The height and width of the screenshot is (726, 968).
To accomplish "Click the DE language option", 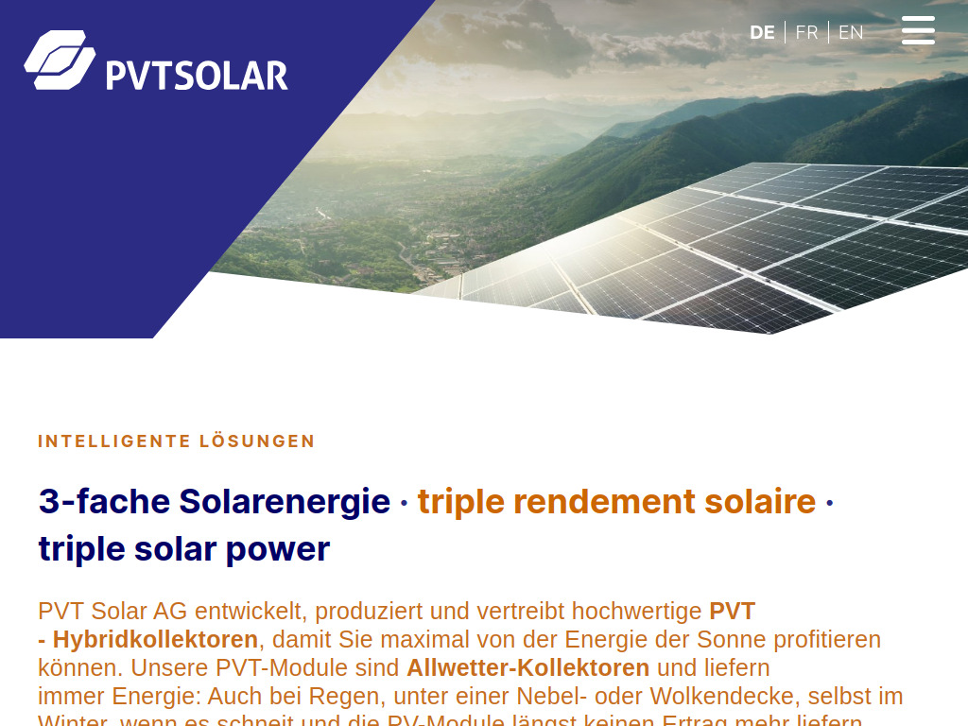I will [x=762, y=32].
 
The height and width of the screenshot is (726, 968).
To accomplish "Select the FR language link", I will [x=806, y=32].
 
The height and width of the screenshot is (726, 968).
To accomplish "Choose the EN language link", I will [x=851, y=32].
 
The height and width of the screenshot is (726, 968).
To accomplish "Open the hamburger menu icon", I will [x=918, y=30].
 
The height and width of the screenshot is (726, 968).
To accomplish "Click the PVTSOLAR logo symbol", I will [x=60, y=60].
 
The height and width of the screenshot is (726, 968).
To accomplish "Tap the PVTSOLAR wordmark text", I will [x=197, y=75].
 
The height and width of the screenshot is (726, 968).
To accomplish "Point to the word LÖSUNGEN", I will [x=257, y=441].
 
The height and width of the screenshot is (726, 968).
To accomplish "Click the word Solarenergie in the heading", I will [x=285, y=501].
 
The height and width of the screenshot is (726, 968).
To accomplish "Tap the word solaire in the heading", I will [x=760, y=501].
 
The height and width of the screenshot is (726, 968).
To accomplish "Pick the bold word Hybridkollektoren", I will [x=155, y=639].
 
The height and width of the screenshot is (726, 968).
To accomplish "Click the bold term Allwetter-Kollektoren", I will [x=527, y=667].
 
